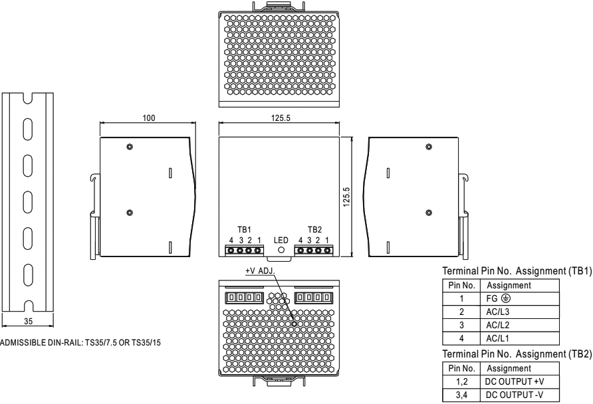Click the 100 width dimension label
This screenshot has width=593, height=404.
(149, 118)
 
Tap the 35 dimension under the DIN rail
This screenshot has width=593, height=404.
(29, 321)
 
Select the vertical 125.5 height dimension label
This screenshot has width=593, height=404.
(346, 197)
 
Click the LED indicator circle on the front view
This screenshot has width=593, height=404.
(281, 249)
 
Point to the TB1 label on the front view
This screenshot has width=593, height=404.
(244, 229)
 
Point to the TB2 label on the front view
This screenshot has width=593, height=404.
(314, 229)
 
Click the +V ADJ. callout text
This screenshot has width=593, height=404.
(260, 271)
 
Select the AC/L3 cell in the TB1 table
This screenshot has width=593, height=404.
(498, 312)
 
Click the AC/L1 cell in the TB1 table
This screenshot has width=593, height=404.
(498, 338)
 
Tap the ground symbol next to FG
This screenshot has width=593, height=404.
(506, 298)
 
